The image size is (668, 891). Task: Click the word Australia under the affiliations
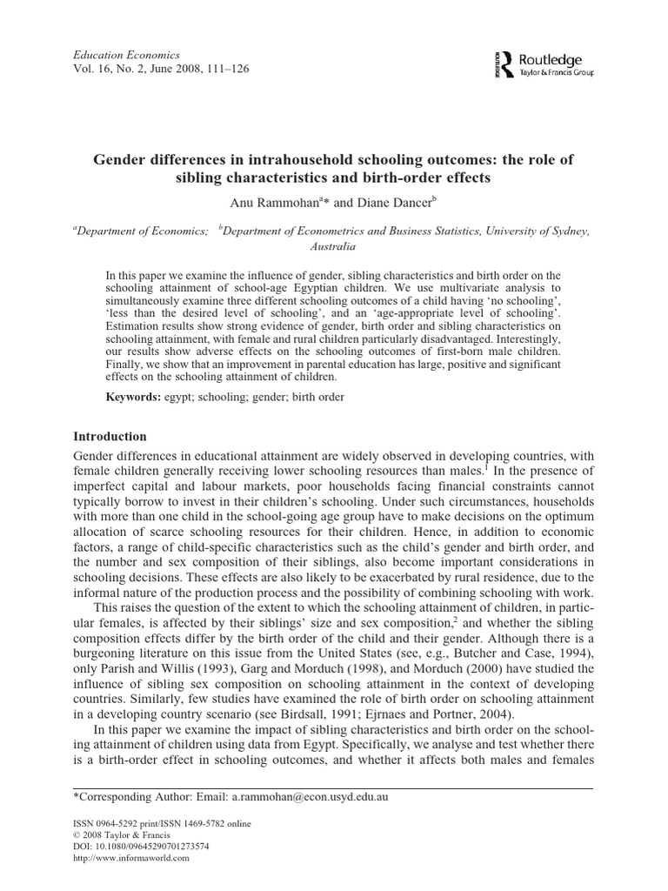click(334, 246)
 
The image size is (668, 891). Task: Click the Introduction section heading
click(110, 436)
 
